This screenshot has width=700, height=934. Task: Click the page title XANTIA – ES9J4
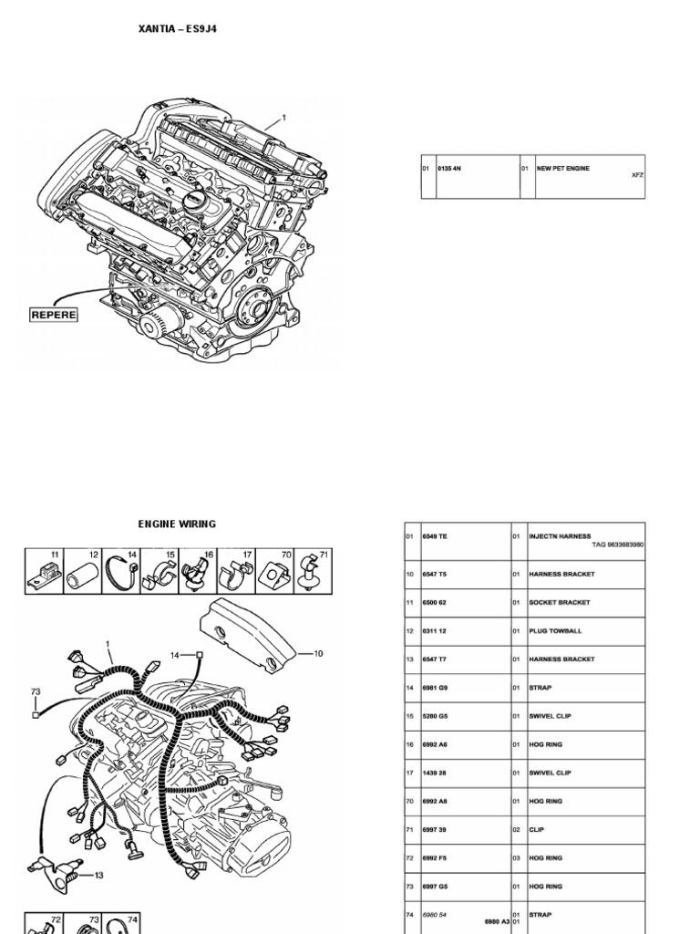177,29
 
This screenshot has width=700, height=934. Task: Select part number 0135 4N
450,169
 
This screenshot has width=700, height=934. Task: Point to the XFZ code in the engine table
637,175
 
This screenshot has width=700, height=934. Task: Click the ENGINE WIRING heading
177,524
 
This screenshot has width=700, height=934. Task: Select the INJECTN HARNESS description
560,536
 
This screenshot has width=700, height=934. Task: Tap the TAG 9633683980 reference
617,544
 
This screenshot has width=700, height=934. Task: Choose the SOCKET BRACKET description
560,603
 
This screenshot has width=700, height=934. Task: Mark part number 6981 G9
435,688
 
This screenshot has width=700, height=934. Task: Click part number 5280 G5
435,716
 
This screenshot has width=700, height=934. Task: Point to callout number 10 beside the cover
318,653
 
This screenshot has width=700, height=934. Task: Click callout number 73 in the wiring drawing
36,692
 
